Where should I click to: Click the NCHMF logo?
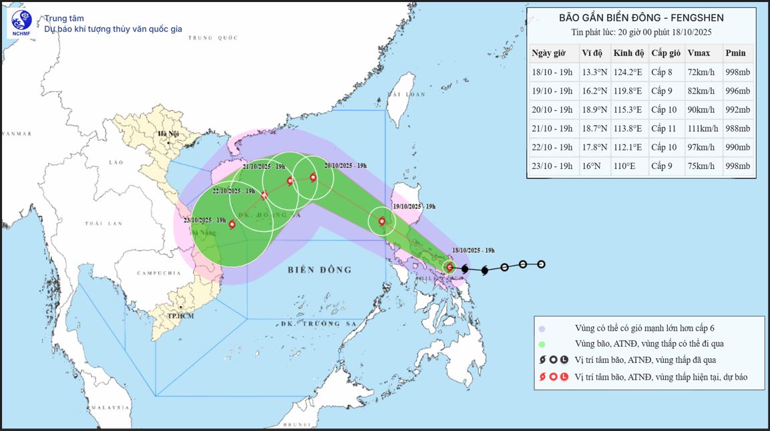click(21, 23)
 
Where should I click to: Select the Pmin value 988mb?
click(737, 128)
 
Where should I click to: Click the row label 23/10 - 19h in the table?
click(552, 166)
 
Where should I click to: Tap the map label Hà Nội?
click(166, 134)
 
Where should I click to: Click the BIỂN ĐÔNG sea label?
click(320, 270)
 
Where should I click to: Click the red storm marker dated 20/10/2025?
click(313, 177)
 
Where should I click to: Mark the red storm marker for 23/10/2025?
click(232, 225)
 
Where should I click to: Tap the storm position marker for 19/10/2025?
click(382, 221)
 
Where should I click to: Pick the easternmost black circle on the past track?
click(542, 264)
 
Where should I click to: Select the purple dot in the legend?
click(542, 328)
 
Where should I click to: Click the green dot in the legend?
click(542, 344)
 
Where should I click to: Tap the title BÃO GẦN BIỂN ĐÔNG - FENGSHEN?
click(640, 18)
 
